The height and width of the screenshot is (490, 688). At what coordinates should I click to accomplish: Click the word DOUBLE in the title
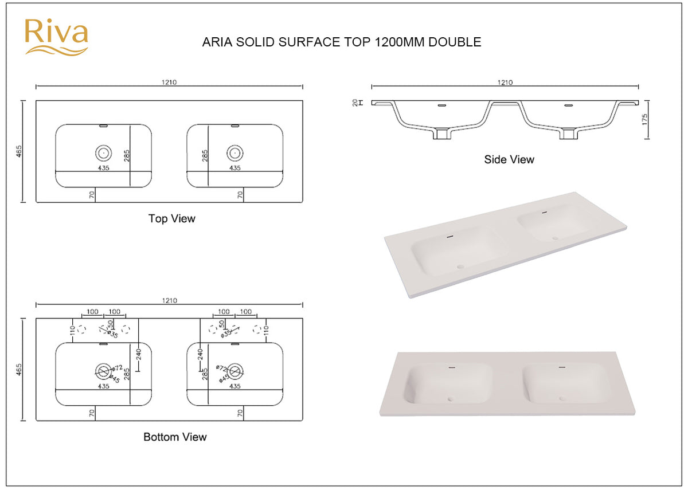pyautogui.click(x=455, y=42)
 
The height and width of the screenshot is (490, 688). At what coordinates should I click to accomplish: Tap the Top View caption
pyautogui.click(x=171, y=218)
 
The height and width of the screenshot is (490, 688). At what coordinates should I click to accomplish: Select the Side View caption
pyautogui.click(x=509, y=159)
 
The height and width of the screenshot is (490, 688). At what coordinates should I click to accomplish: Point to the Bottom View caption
pyautogui.click(x=175, y=437)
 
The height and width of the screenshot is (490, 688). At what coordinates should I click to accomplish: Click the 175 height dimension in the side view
pyautogui.click(x=644, y=119)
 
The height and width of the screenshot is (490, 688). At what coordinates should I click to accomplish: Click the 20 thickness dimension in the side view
pyautogui.click(x=355, y=103)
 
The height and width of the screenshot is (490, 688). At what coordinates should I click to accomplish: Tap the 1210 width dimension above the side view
pyautogui.click(x=505, y=83)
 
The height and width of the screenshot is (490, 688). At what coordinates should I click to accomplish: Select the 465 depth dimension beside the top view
pyautogui.click(x=19, y=151)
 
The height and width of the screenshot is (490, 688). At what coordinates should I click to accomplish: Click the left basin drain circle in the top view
pyautogui.click(x=104, y=153)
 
